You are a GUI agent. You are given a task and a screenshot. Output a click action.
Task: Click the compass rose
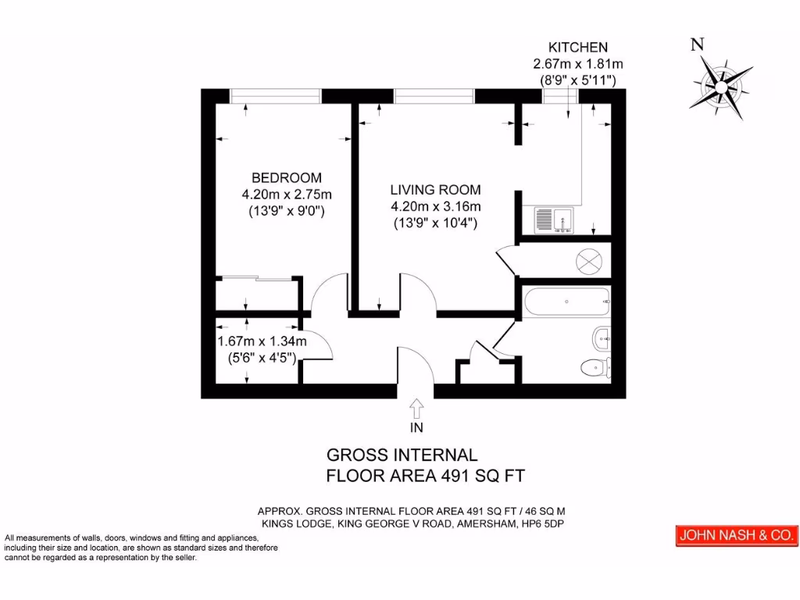(720, 84)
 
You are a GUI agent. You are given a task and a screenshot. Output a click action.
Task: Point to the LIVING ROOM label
(435, 190)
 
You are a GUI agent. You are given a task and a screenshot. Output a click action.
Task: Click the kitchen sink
(554, 220)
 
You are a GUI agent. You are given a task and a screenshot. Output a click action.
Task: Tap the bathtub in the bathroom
(566, 301)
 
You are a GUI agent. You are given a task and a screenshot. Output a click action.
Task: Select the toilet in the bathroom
(597, 365)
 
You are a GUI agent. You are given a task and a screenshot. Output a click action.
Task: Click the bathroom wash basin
(602, 338)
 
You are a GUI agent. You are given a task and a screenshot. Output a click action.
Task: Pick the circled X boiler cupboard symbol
(588, 261)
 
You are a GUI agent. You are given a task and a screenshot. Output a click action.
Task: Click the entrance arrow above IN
(416, 409)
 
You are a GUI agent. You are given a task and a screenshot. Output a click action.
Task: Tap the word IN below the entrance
(416, 427)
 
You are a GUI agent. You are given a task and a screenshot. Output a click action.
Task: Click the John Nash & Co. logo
(737, 536)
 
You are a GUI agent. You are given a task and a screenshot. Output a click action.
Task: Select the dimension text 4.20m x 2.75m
(286, 195)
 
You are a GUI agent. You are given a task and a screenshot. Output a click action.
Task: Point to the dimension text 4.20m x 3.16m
(435, 206)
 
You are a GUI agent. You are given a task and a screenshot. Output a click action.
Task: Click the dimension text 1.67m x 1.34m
(261, 341)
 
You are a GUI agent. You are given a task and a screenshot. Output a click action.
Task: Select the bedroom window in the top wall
(276, 95)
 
